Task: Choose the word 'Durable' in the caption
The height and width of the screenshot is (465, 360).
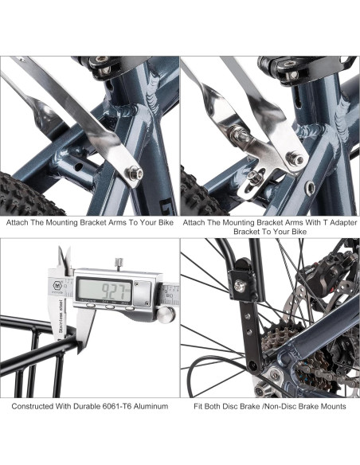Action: tap(69, 406)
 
